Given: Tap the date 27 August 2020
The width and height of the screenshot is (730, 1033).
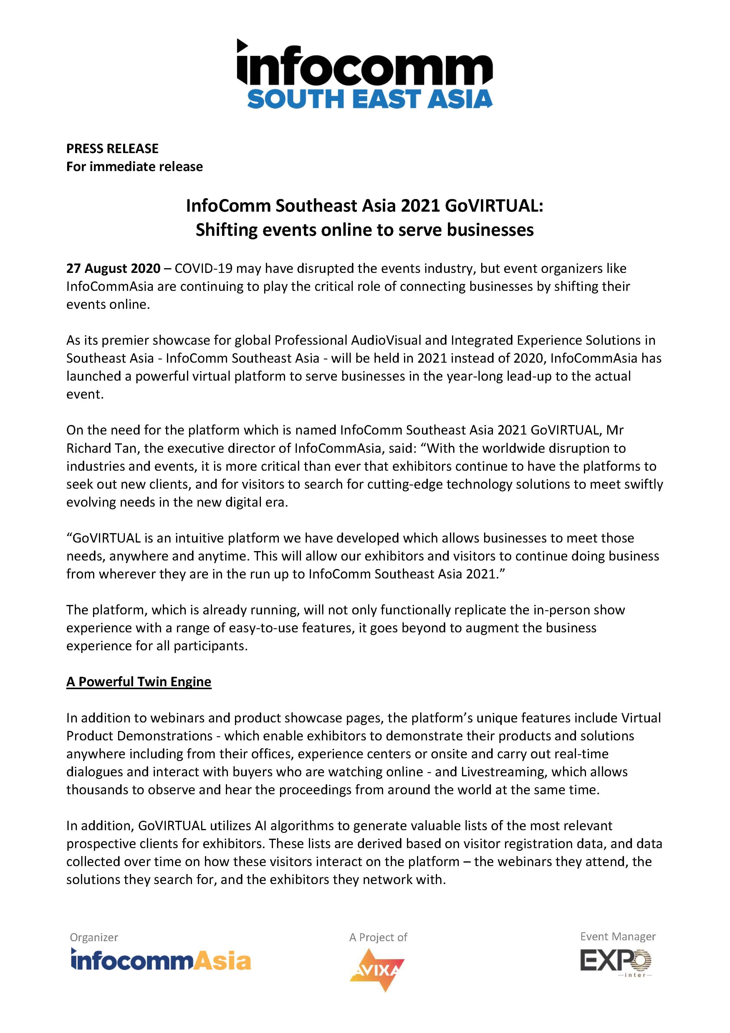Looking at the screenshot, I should click(113, 268).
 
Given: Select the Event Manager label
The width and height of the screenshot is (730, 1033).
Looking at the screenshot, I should click(618, 936).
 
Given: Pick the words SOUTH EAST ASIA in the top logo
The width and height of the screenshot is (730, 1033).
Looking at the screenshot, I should click(370, 99).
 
